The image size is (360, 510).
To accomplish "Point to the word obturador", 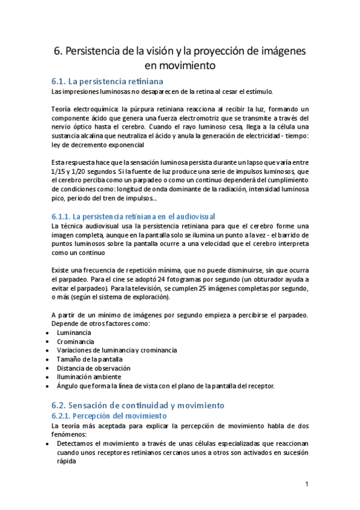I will point(265,280).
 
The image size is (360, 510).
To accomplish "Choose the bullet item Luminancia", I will point(74,332).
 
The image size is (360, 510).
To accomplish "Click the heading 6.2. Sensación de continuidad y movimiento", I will point(138,405).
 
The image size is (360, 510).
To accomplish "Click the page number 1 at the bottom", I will point(307,484).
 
